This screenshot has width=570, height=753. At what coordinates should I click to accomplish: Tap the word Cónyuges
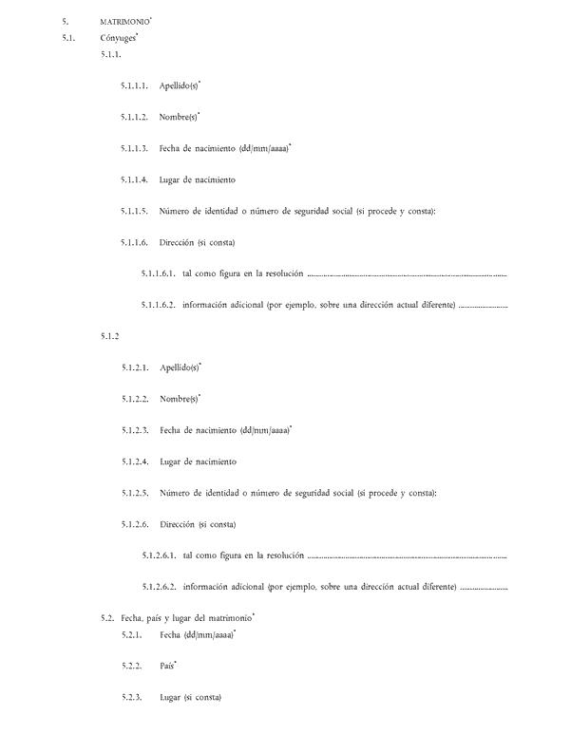[118, 38]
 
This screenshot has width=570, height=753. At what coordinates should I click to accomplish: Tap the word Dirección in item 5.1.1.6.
[178, 242]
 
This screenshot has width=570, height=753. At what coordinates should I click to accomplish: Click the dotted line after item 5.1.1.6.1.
[408, 274]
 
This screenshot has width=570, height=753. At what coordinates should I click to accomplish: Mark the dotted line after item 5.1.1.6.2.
[484, 306]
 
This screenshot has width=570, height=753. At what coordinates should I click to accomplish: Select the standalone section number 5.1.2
[109, 336]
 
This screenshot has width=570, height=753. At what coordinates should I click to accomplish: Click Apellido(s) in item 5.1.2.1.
[180, 367]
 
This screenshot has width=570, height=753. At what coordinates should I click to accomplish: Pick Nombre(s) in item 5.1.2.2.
[178, 399]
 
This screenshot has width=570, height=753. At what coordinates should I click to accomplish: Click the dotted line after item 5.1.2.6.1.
[408, 555]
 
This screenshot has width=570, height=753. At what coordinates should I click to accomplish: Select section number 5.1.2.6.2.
[159, 587]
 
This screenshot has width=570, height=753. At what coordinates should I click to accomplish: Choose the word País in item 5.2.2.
[167, 667]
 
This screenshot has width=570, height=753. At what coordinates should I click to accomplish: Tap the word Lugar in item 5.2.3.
[171, 698]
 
